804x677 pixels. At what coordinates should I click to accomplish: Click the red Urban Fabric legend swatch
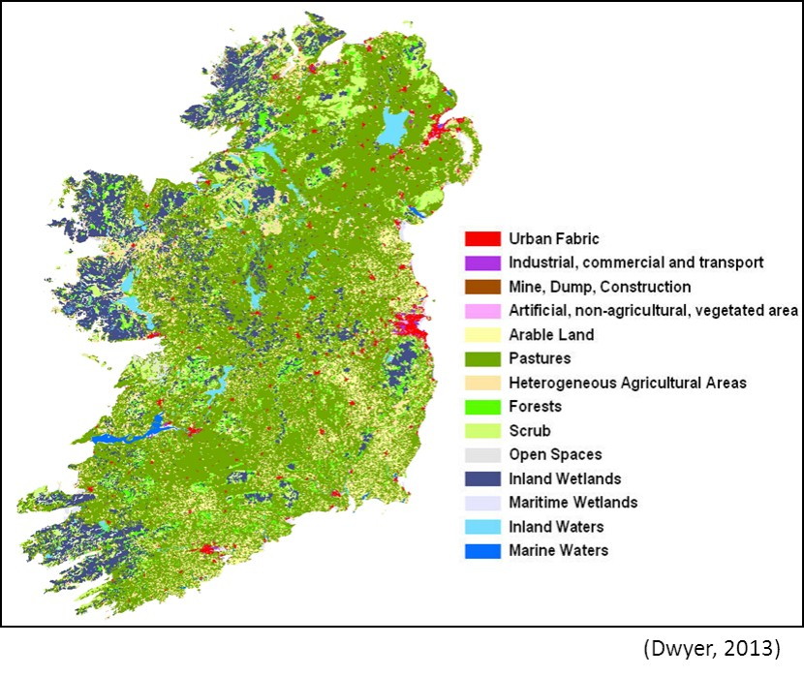tap(482, 238)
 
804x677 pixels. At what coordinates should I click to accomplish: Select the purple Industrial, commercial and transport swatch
tap(482, 262)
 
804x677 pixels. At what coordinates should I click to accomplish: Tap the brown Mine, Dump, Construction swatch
tap(482, 287)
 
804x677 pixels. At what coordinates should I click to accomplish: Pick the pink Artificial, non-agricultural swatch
tap(482, 311)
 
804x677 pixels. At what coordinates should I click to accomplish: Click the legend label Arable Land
tap(551, 335)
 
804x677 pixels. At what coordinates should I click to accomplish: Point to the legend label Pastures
tap(539, 358)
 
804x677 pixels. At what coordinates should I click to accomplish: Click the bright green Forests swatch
tap(482, 407)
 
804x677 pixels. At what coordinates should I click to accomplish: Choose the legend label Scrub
tap(529, 431)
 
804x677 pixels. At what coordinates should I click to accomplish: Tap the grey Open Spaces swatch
tap(482, 454)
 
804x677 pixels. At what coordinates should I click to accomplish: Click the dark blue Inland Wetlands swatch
tap(482, 478)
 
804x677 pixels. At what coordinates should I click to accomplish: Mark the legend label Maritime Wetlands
tap(572, 503)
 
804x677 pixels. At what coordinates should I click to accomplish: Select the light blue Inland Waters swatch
tap(482, 527)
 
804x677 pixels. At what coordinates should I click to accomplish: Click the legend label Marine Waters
tap(558, 550)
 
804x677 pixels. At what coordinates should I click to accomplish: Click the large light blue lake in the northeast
tap(394, 126)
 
